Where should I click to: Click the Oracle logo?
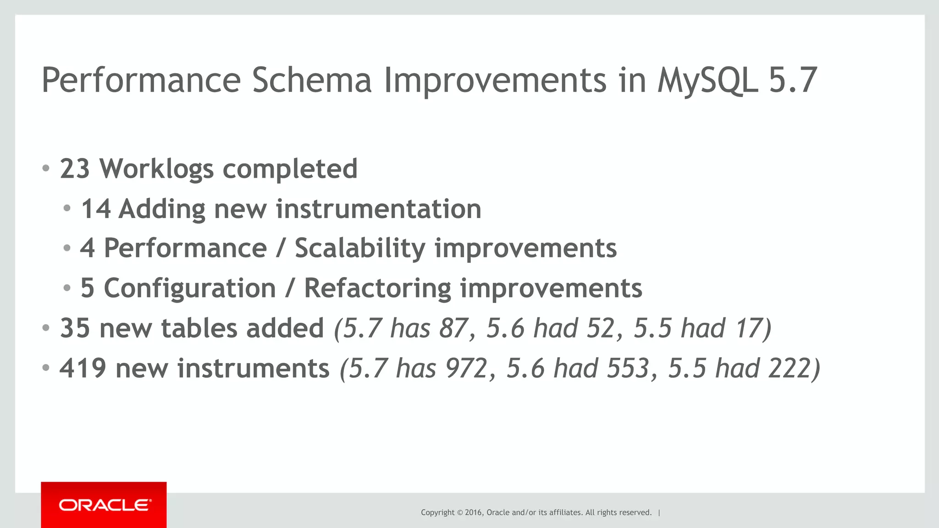click(x=104, y=505)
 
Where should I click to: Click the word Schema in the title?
click(x=311, y=81)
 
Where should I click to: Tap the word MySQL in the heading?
click(x=707, y=81)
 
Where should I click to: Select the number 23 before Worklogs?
click(x=75, y=169)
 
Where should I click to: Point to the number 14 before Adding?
click(x=96, y=209)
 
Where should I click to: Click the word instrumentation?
click(x=378, y=209)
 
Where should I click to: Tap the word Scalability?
click(x=360, y=249)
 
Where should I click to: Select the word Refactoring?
click(x=377, y=288)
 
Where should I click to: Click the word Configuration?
click(x=190, y=288)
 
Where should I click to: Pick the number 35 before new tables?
click(x=75, y=328)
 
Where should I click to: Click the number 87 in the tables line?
click(x=453, y=328)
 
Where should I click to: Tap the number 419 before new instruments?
click(x=83, y=369)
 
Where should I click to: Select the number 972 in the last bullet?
click(x=466, y=369)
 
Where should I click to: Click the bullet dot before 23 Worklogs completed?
click(x=45, y=169)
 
